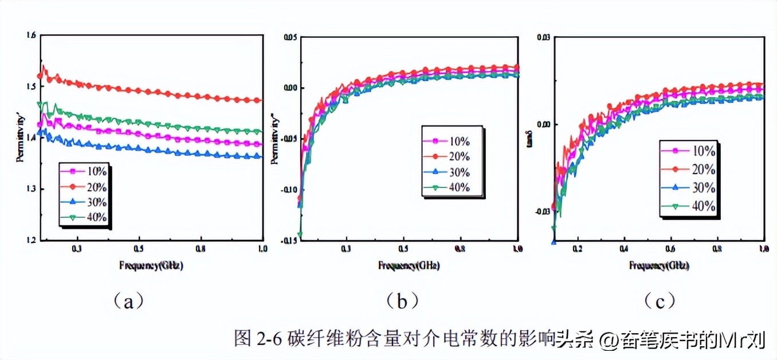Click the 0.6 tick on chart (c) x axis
point(671,249)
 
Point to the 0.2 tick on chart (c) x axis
point(578,249)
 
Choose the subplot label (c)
point(659,300)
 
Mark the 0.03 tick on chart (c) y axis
point(543,38)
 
